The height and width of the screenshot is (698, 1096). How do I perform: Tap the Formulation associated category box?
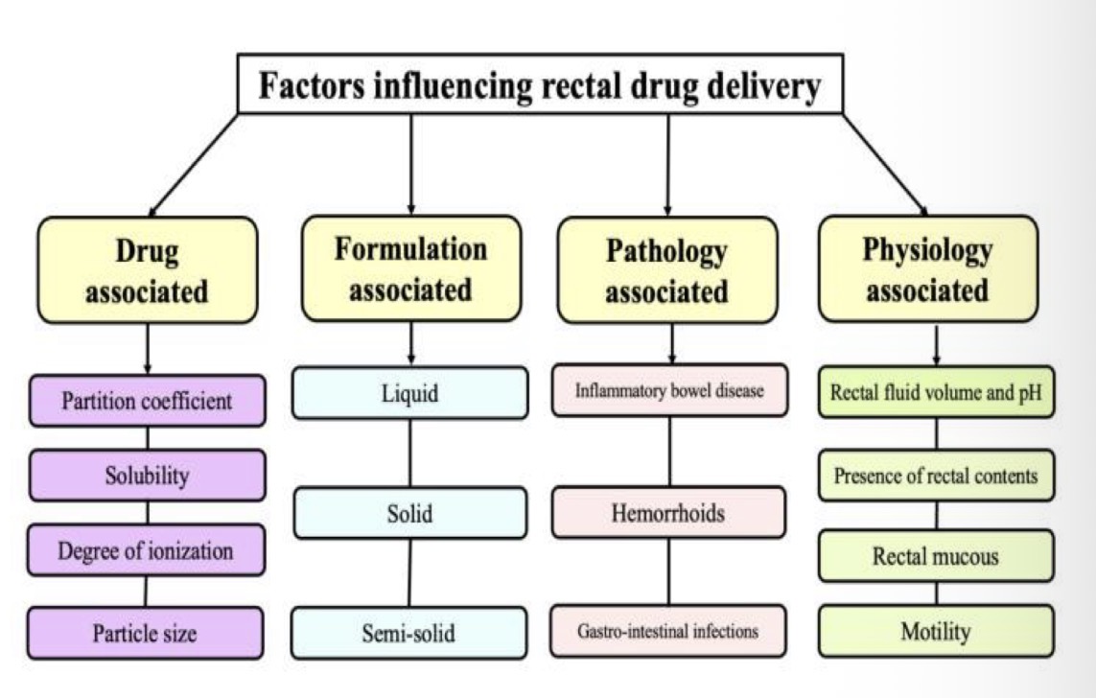tap(410, 268)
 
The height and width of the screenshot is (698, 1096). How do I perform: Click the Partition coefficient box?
tap(147, 400)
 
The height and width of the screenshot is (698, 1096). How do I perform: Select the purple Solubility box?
tap(147, 476)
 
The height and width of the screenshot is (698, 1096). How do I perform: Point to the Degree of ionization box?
tap(146, 550)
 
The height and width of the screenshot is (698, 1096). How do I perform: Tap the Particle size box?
tap(146, 633)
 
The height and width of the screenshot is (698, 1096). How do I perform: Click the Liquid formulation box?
tap(409, 393)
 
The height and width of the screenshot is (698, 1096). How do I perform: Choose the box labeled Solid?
tap(409, 513)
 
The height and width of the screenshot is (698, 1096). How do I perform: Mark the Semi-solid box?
tap(409, 633)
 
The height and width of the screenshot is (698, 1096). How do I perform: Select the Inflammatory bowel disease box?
tap(669, 391)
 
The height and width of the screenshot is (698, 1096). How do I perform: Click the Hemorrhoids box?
tap(668, 512)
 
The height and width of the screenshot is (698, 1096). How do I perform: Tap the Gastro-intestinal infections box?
tap(668, 631)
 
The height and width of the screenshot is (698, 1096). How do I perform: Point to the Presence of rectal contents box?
tap(936, 475)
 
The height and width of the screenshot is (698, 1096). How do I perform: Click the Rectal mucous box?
tap(936, 555)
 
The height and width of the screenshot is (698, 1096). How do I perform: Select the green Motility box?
tap(936, 631)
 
